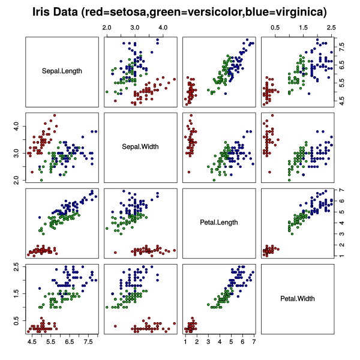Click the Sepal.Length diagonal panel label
[x=62, y=71]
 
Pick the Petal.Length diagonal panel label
[x=219, y=223]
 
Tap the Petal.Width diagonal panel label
[x=297, y=298]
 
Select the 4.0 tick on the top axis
[x=163, y=28]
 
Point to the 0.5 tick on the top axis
[x=275, y=28]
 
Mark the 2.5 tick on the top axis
[x=331, y=28]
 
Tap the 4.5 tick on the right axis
[x=341, y=103]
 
